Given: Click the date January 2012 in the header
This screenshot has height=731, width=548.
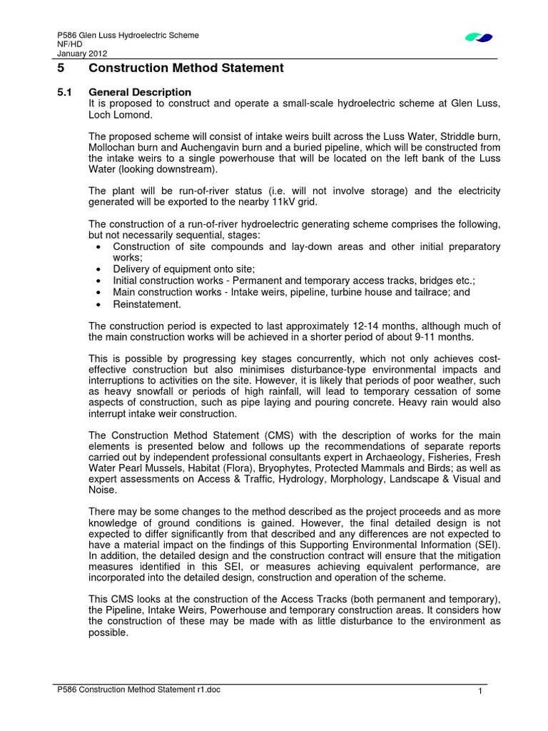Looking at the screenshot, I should coord(77,52).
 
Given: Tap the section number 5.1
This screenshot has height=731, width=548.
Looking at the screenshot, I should coord(64,92).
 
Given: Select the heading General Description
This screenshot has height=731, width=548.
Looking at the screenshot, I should coord(139,92).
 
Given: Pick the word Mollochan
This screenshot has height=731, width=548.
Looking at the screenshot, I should coord(113,147).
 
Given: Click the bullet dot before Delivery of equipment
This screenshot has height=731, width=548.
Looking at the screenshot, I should coord(98,269).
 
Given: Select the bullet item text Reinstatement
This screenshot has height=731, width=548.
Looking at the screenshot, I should coord(146,304).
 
